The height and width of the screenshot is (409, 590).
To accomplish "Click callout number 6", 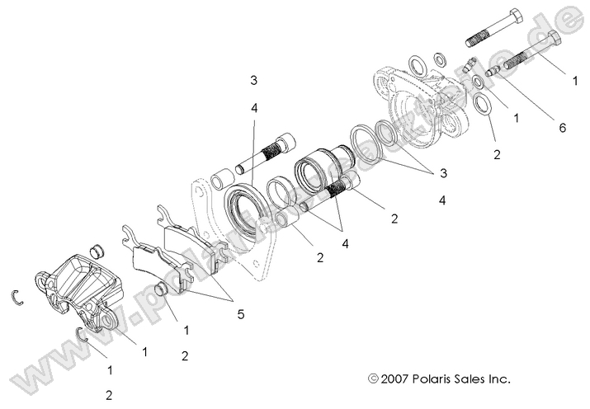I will [x=563, y=128].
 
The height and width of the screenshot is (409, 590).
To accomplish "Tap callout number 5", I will [x=240, y=313].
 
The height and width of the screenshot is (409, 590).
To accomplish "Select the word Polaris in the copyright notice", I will [x=431, y=379].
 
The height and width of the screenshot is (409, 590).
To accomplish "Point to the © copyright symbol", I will [x=374, y=379].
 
